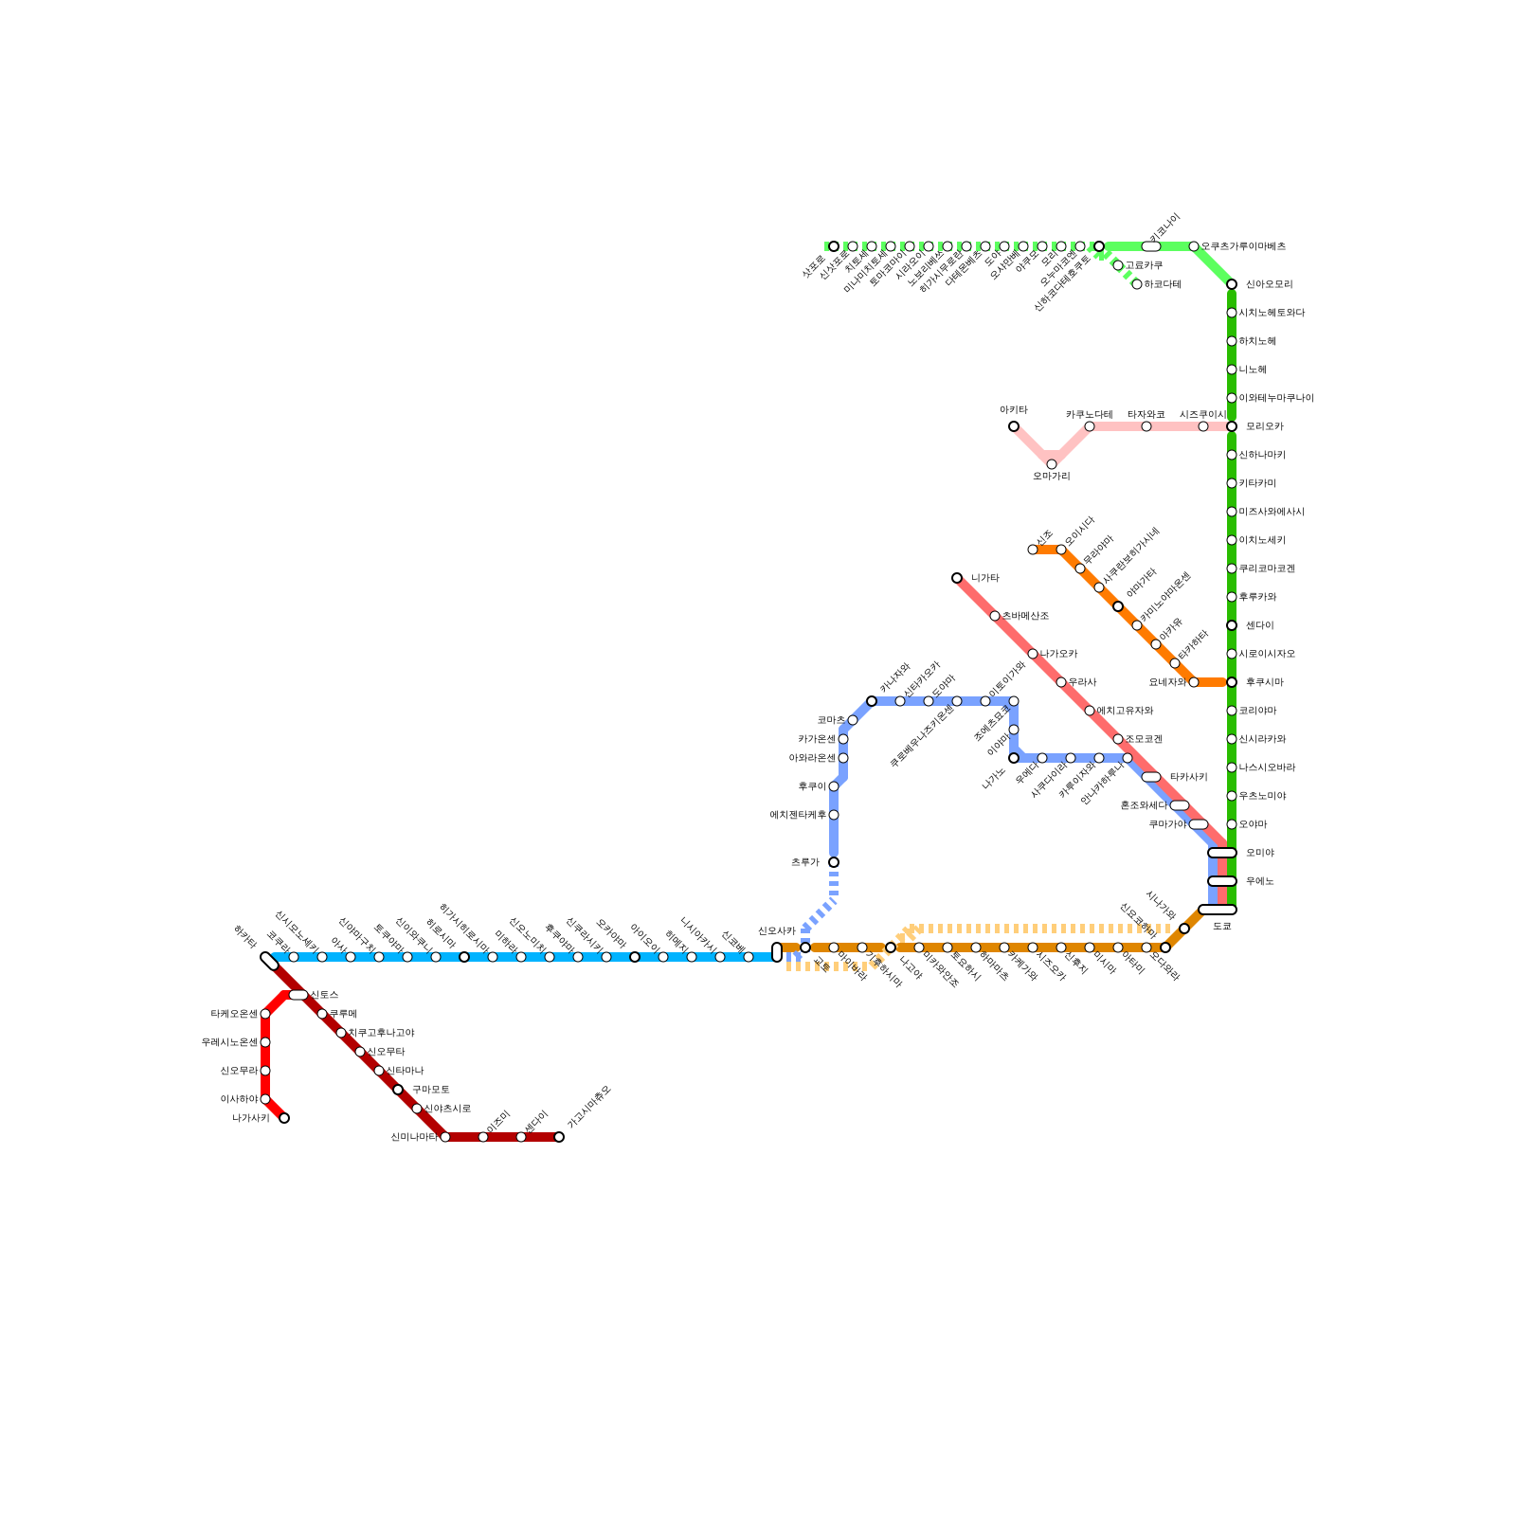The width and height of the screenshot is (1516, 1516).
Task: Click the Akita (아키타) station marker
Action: point(1014,426)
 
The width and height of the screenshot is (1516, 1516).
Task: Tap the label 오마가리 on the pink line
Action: point(1051,476)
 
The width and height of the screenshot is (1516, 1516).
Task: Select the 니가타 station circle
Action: point(957,578)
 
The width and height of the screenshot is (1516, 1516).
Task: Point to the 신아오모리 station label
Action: point(1269,284)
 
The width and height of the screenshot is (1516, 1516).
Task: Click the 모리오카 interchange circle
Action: point(1232,426)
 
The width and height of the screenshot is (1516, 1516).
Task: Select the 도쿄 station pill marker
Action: point(1217,910)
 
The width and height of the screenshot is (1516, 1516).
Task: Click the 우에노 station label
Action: point(1259,881)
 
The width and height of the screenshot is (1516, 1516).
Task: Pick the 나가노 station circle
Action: point(1014,758)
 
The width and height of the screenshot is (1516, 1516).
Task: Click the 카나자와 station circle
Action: point(872,701)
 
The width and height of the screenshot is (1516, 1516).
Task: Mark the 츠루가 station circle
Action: point(834,862)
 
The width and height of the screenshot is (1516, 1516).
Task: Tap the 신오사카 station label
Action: point(776,930)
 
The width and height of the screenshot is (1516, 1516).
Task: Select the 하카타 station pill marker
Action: point(269,961)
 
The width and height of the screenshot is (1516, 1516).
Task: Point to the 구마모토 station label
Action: point(430,1090)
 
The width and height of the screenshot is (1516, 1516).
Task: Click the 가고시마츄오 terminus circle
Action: point(559,1137)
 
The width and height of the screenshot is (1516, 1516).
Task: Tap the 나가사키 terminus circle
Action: point(284,1118)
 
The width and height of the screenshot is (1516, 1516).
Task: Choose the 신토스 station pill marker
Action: point(298,995)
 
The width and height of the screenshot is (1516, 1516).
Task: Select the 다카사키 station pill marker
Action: point(1151,777)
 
